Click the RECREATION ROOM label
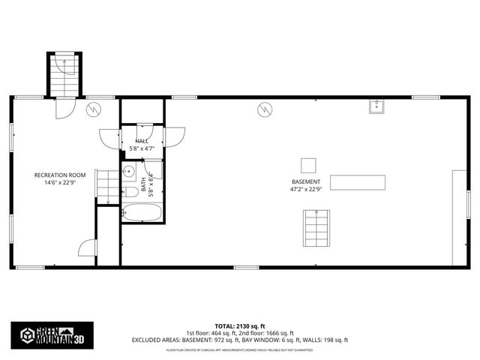[60, 175]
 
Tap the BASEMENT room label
[306, 181]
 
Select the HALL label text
[142, 141]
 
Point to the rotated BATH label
[144, 181]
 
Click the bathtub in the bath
[142, 213]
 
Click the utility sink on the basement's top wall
[377, 106]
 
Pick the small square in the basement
[308, 165]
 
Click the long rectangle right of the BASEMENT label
[358, 182]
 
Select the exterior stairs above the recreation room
[65, 75]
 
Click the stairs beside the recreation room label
[109, 186]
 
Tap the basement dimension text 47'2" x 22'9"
[306, 190]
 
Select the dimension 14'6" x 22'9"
[60, 182]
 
